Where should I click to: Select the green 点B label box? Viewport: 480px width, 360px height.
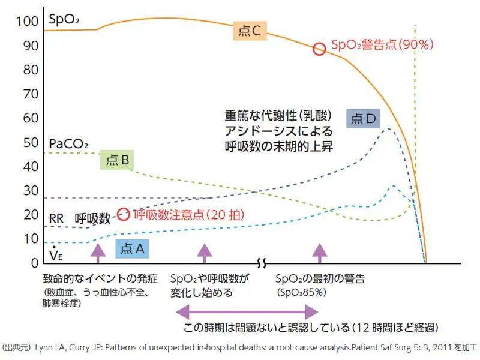[118, 160]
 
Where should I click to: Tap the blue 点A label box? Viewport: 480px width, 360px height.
[132, 248]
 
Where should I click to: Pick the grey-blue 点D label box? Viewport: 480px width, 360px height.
[363, 119]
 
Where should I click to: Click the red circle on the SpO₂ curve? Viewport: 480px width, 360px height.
[319, 49]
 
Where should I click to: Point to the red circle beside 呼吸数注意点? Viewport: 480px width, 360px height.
[123, 214]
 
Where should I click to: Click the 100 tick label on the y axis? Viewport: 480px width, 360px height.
[27, 22]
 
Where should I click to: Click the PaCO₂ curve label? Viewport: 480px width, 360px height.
[68, 144]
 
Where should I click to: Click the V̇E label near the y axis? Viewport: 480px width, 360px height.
[55, 255]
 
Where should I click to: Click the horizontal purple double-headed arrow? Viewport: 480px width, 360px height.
[246, 311]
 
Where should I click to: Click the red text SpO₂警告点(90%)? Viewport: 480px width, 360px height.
[382, 45]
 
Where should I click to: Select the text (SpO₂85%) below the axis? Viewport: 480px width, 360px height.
[301, 293]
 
